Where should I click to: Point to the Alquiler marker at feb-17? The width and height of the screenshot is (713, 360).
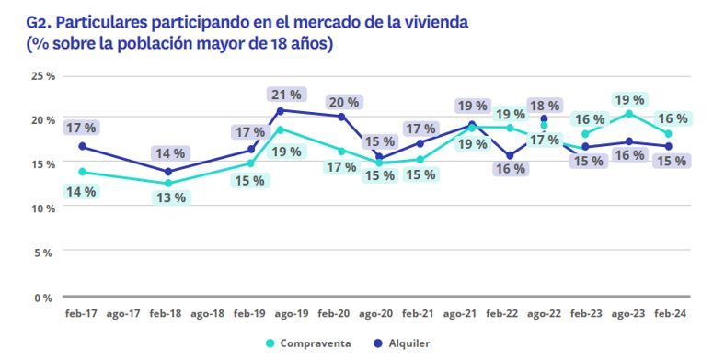[83, 146]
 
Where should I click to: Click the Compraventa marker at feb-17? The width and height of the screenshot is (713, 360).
[83, 172]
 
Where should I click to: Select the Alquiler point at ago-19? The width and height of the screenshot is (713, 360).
[280, 111]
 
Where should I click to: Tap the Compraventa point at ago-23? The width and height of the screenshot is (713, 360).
[628, 114]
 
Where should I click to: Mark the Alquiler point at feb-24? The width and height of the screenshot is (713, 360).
[668, 146]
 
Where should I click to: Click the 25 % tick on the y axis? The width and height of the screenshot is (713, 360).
[43, 75]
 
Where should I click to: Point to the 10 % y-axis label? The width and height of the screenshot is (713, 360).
[43, 208]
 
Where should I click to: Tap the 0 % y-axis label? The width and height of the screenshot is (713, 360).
[45, 298]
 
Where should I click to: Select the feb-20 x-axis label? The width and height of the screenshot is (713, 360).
[332, 313]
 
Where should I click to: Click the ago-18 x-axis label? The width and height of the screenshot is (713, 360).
[208, 313]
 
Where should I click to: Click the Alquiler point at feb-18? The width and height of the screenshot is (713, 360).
[167, 172]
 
